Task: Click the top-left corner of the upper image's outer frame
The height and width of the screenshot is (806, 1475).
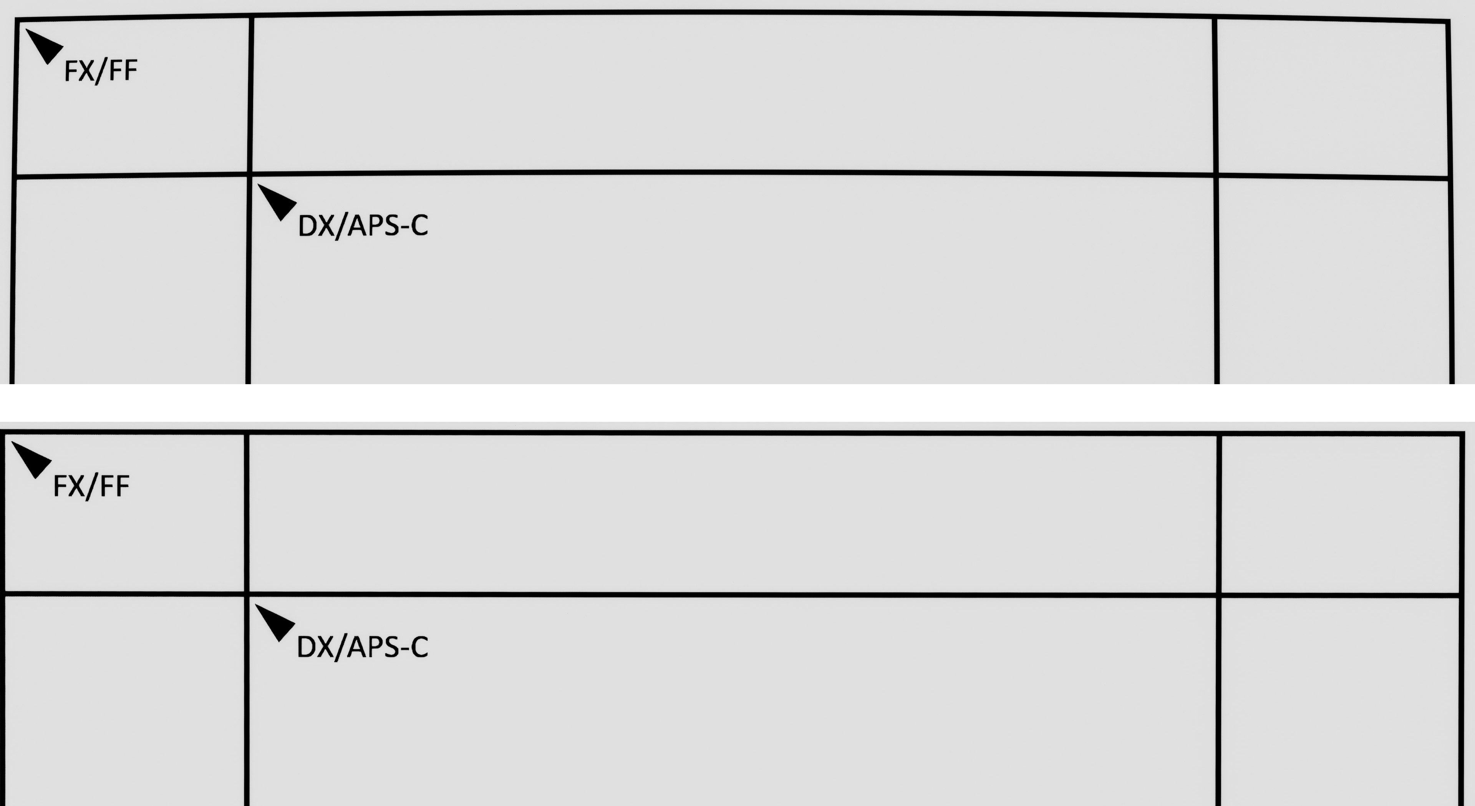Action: point(17,20)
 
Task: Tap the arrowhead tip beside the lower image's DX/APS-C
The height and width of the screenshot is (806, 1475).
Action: point(255,604)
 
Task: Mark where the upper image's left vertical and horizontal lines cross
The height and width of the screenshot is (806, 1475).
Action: point(250,173)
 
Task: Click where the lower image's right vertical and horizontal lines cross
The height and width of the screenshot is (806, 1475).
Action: point(1218,595)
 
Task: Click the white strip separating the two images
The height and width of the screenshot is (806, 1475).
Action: point(737,403)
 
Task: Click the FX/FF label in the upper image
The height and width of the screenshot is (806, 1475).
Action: point(101,71)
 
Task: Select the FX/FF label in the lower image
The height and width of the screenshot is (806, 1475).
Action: point(91,486)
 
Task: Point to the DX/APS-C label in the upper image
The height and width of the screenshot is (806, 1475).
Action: point(363,226)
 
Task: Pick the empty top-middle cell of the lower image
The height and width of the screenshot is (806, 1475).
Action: point(733,514)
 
